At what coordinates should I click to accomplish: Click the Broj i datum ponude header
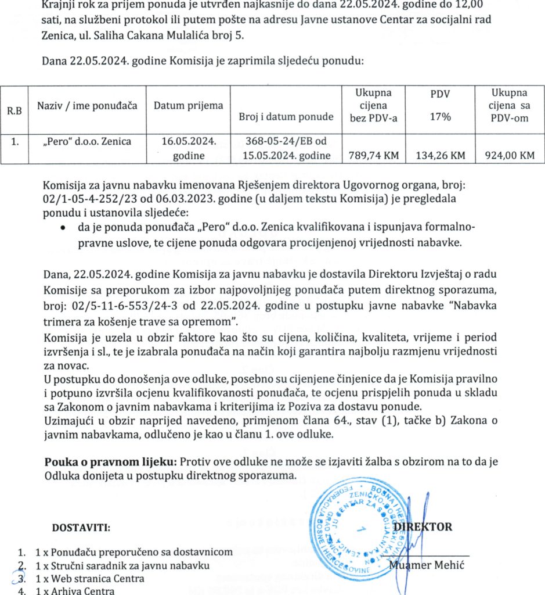click(286, 117)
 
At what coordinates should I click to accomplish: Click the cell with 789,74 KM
click(373, 155)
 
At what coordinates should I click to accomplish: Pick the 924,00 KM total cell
click(509, 155)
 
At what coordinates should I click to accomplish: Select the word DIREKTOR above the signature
click(423, 527)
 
